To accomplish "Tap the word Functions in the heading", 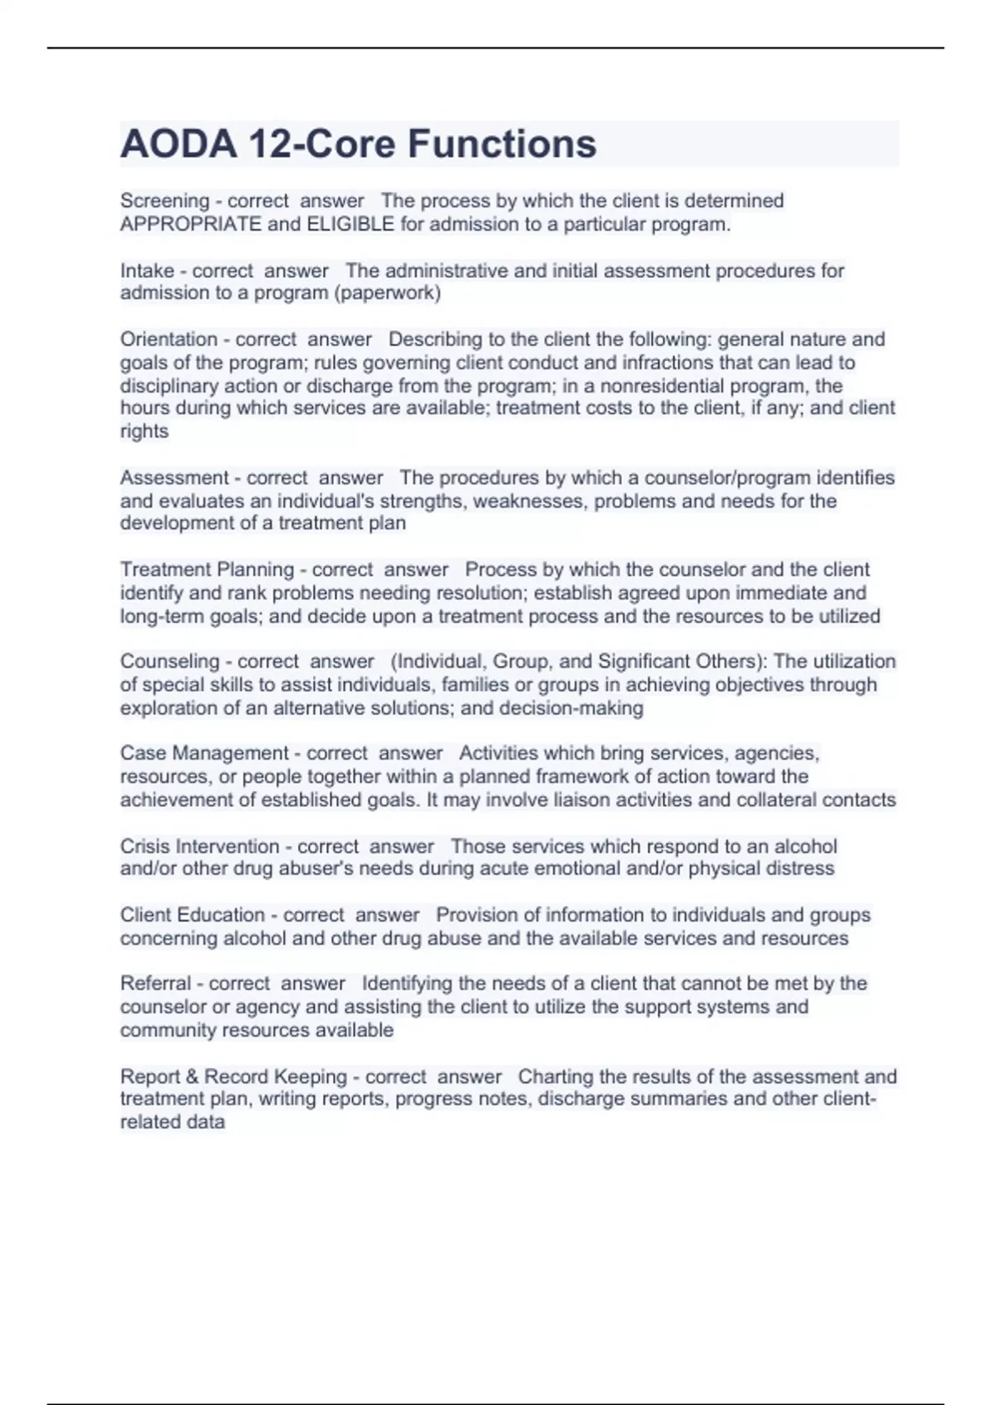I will click(x=502, y=145).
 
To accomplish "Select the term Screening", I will click(x=165, y=201).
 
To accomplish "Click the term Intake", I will click(x=146, y=270).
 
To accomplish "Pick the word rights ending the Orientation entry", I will click(x=144, y=431).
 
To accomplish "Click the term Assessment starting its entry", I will click(x=174, y=478).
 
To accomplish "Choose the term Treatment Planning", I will click(x=207, y=569).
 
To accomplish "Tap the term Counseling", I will click(x=169, y=661).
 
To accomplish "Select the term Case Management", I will click(x=204, y=753).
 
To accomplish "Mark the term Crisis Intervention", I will click(x=199, y=846).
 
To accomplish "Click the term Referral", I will click(x=155, y=983).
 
